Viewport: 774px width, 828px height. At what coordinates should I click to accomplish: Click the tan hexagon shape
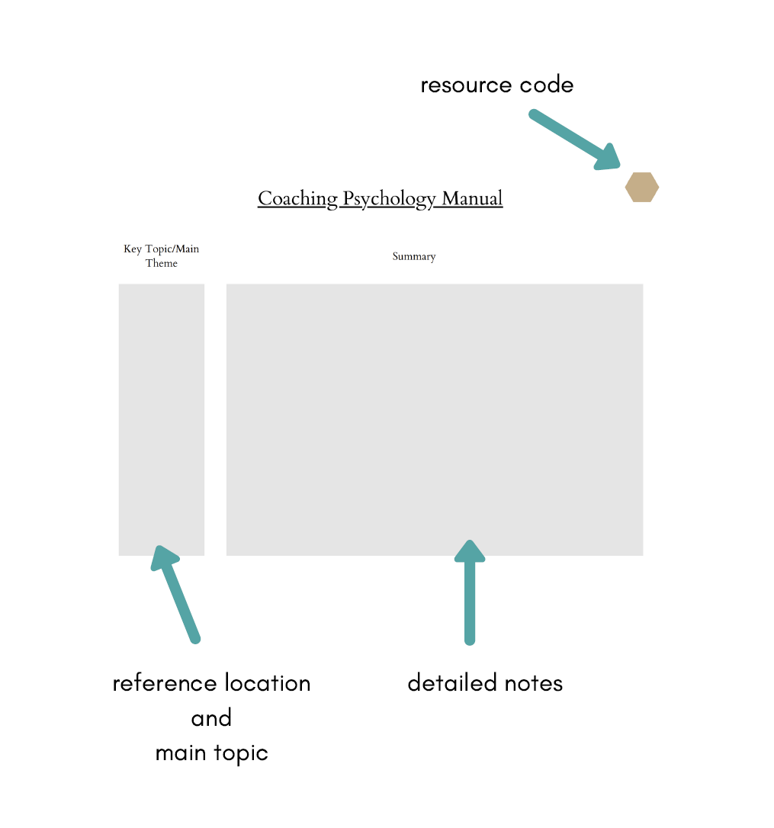(641, 187)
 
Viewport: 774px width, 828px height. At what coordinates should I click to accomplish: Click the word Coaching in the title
(297, 199)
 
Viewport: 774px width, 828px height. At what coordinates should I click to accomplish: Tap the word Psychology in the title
(389, 199)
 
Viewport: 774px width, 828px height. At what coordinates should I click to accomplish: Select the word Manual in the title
(472, 199)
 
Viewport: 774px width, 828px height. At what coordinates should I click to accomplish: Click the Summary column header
(414, 257)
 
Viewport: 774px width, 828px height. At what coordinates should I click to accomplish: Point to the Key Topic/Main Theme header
(162, 256)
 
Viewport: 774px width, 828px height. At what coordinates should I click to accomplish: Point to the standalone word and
(211, 718)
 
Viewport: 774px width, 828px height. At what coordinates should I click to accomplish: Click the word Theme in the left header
(162, 264)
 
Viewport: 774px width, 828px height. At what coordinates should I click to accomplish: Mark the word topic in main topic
(241, 754)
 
